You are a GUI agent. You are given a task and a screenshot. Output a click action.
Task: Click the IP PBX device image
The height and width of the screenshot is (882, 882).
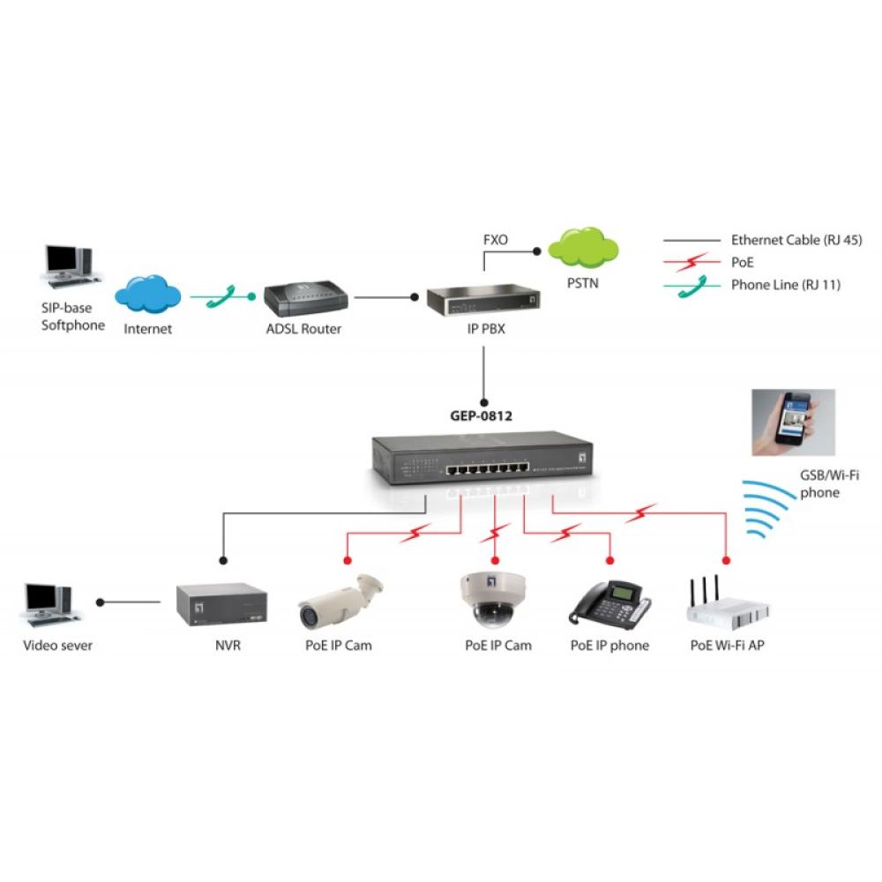pos(484,301)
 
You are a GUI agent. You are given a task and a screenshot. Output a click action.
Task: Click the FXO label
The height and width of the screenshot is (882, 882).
pos(496,239)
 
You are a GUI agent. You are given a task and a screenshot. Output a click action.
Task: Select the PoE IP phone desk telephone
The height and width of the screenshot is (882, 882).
pos(609,604)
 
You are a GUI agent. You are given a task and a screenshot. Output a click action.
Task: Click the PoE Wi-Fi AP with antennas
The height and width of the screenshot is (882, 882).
pos(727,604)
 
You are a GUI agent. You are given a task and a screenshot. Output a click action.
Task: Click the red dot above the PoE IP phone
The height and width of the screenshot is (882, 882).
pos(609,561)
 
